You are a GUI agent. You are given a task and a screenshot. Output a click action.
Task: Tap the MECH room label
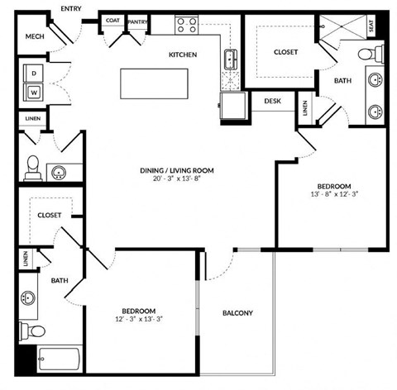click(35, 36)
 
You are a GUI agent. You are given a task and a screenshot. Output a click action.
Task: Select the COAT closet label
click(112, 21)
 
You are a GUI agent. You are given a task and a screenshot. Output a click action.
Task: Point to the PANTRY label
click(136, 21)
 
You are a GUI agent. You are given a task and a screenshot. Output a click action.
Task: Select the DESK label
click(272, 102)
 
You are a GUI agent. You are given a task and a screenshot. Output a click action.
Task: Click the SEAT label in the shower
click(381, 26)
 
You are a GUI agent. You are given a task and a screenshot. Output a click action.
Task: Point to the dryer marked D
click(35, 73)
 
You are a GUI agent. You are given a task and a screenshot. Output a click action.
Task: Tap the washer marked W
click(35, 91)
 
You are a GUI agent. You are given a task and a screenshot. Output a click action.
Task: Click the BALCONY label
click(237, 313)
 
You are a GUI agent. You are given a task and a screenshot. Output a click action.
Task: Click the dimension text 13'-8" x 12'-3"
click(334, 195)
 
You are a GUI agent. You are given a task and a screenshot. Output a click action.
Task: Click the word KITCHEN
click(183, 55)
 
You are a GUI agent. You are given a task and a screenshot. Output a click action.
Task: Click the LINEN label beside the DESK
click(305, 108)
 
